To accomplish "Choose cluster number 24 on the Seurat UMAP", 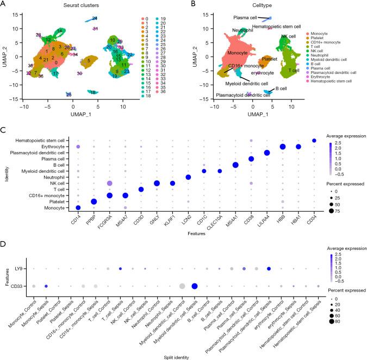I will (95, 18).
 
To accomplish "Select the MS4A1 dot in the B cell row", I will (235, 165).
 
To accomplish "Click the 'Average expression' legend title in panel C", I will (345, 121).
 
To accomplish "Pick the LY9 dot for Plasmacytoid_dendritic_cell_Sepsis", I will (269, 269).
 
